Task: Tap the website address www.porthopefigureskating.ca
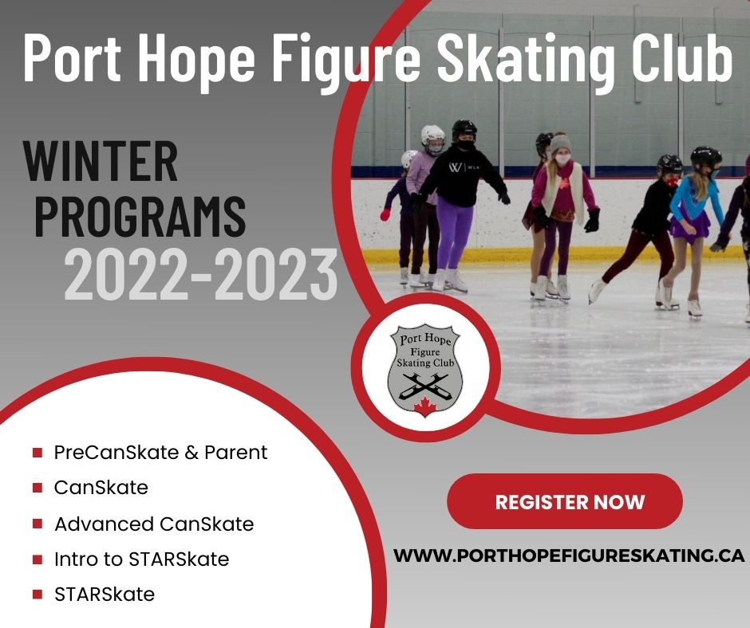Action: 570,555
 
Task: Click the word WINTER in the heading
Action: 101,162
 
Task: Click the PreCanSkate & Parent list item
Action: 160,453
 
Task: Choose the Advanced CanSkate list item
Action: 154,524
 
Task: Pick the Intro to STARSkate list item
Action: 141,559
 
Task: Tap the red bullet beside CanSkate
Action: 37,488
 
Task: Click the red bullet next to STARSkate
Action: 37,595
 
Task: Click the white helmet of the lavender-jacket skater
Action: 432,136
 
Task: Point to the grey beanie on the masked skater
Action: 561,143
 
